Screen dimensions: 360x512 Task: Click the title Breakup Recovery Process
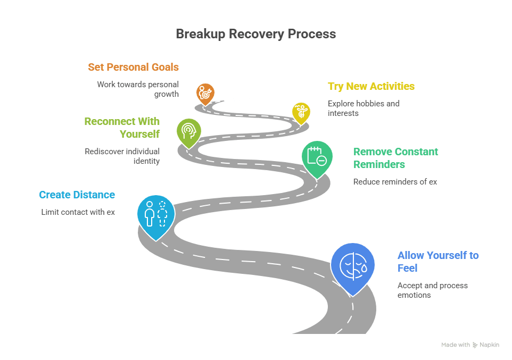point(255,34)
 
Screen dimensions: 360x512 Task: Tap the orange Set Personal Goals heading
point(133,67)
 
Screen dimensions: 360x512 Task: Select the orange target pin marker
point(204,94)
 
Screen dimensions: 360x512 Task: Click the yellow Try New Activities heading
point(371,86)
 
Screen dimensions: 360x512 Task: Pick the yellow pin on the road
point(301,112)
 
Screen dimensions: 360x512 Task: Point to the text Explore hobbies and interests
point(364,108)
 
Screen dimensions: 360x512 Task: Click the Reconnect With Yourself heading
point(122,128)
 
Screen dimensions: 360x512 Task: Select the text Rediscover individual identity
point(122,156)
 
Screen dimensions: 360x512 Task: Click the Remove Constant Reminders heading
point(395,158)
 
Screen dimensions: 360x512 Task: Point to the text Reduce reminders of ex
point(395,181)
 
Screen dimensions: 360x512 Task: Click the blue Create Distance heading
point(77,195)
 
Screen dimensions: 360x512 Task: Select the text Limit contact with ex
point(78,212)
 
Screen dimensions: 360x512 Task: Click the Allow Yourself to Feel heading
point(437,262)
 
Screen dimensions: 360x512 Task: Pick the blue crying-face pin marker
point(352,264)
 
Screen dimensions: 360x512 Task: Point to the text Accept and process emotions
point(432,290)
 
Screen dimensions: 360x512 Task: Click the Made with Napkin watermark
point(470,345)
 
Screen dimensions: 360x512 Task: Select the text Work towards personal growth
point(138,89)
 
